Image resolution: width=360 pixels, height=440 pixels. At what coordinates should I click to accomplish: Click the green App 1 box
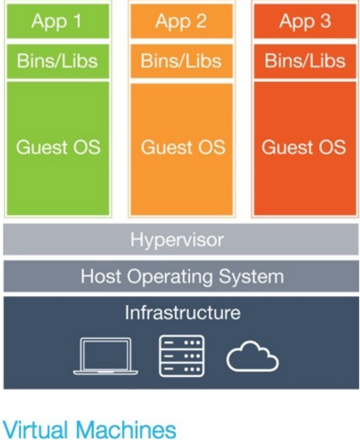click(x=57, y=21)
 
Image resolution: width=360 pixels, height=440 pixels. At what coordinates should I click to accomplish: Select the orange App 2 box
click(x=181, y=21)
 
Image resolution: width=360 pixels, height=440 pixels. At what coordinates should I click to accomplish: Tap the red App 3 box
click(x=305, y=21)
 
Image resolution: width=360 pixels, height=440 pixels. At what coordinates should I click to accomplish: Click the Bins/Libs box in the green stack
click(x=57, y=61)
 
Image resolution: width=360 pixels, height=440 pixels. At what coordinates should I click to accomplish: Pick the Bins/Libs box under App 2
click(x=181, y=61)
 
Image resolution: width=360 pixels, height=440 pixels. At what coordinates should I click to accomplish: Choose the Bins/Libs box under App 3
click(x=305, y=61)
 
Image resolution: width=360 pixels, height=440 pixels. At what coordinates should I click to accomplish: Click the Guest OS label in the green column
click(x=58, y=147)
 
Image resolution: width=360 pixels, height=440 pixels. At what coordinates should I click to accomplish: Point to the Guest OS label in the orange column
click(x=183, y=147)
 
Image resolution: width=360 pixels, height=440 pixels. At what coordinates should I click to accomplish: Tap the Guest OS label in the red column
click(x=303, y=147)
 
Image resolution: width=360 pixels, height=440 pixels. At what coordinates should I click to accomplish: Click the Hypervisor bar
click(x=181, y=239)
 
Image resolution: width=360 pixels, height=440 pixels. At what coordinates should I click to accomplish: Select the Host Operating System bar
click(x=181, y=276)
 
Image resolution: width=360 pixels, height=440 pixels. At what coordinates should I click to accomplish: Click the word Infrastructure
click(x=183, y=312)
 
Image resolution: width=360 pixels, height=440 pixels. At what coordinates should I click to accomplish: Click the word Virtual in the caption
click(x=36, y=429)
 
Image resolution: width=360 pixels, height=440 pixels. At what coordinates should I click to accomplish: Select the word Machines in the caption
click(x=126, y=429)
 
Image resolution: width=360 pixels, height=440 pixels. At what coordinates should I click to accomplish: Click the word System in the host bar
click(x=251, y=277)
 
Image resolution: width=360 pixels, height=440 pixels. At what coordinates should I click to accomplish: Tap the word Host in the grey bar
click(x=101, y=276)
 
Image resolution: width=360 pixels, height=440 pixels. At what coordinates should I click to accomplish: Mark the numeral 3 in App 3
click(x=325, y=21)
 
